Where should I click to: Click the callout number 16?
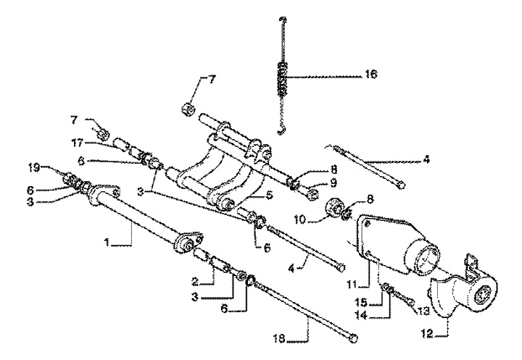(371, 74)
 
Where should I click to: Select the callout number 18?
(280, 339)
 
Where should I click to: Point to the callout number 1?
(107, 243)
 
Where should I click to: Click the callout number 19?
(33, 168)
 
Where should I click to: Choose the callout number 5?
(269, 194)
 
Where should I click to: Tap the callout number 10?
(300, 219)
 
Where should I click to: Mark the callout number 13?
(423, 311)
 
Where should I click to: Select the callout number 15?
(361, 303)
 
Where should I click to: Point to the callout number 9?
(333, 183)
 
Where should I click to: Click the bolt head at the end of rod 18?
(354, 338)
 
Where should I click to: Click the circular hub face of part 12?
(481, 296)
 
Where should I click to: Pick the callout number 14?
(361, 315)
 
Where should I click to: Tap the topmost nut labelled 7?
(188, 108)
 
